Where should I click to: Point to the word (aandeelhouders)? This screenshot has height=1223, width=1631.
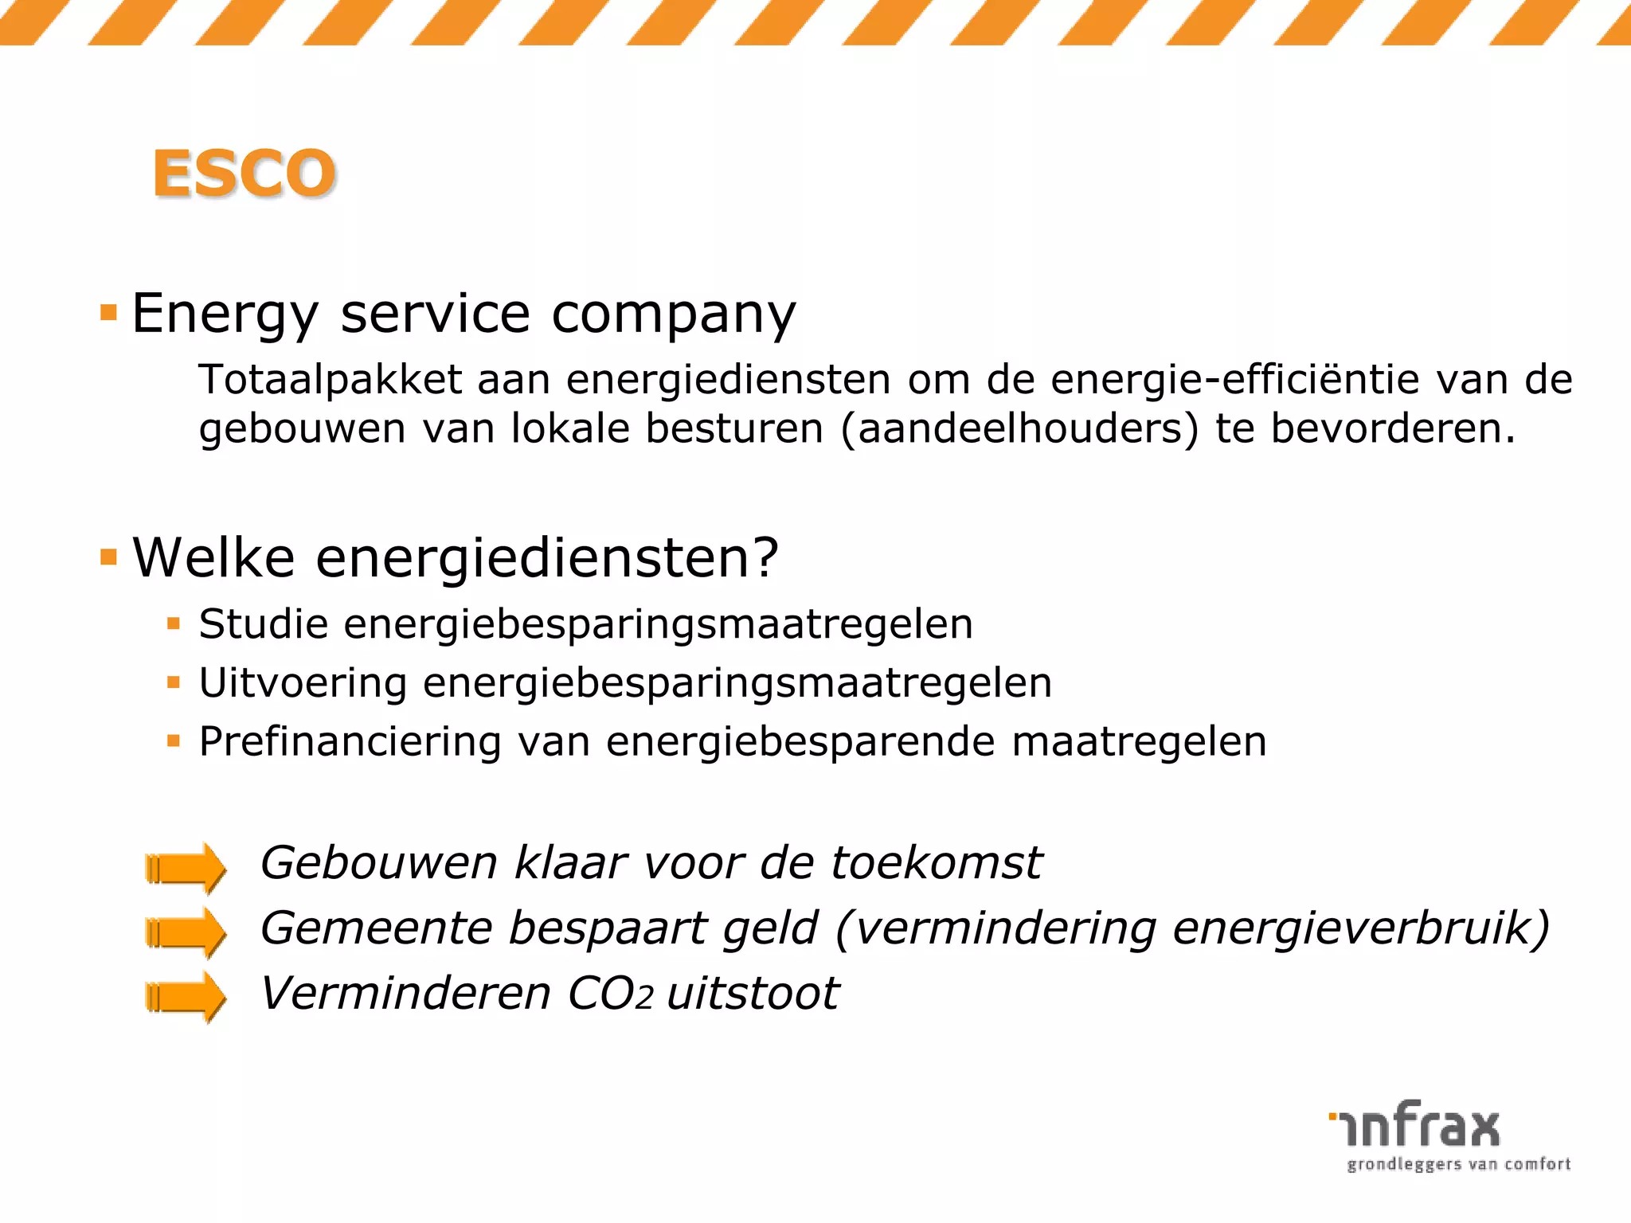tap(1019, 428)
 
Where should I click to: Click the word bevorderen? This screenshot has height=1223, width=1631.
tap(1392, 428)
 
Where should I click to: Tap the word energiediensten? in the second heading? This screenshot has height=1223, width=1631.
tap(546, 557)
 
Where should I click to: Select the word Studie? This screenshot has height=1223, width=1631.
tap(264, 623)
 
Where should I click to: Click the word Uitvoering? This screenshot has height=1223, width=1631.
tap(303, 682)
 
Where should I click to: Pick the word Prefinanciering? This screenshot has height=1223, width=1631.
tap(350, 741)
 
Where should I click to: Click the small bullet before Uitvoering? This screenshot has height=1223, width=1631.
tap(174, 682)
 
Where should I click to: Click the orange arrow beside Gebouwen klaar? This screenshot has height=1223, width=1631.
tap(186, 867)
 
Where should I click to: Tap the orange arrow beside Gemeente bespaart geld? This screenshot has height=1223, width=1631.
tap(186, 932)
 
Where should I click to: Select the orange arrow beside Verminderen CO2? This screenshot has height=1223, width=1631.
tap(186, 997)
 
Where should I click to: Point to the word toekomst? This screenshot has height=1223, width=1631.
tap(937, 862)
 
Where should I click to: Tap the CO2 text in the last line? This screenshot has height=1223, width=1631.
tap(610, 994)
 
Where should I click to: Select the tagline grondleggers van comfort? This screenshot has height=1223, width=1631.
tap(1458, 1165)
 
